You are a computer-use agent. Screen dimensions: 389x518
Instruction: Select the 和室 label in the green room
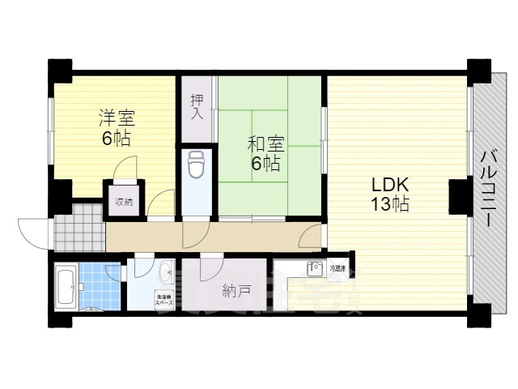coord(265,145)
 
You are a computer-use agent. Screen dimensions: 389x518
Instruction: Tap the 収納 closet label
coord(123,202)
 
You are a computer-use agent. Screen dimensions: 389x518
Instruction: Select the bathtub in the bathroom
coord(66,287)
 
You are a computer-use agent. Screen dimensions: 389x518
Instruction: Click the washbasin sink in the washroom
coord(165,270)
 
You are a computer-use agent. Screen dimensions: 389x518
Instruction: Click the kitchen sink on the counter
coord(314,267)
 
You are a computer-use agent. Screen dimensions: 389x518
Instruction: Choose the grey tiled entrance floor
coord(79,228)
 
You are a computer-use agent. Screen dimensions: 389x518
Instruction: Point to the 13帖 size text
coord(389,203)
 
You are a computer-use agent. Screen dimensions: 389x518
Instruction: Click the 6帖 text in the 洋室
coord(116,137)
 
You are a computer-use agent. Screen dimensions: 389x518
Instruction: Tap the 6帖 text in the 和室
coord(265,163)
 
